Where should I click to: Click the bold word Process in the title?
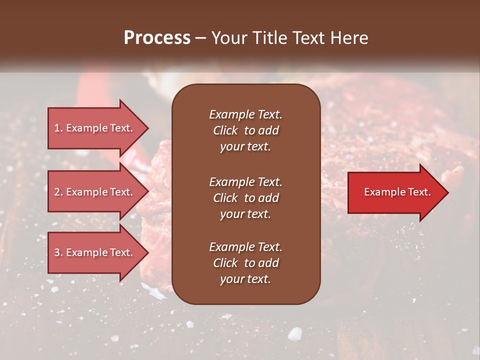pyautogui.click(x=157, y=38)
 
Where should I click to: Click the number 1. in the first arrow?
pyautogui.click(x=58, y=128)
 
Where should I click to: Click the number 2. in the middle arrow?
pyautogui.click(x=58, y=192)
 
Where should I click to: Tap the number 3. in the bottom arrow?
pyautogui.click(x=58, y=252)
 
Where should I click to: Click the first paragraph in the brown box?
pyautogui.click(x=245, y=130)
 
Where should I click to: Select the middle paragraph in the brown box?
pyautogui.click(x=245, y=197)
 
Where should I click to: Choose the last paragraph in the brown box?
pyautogui.click(x=245, y=263)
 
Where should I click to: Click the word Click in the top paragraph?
pyautogui.click(x=225, y=130)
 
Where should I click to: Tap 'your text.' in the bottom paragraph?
pyautogui.click(x=245, y=279)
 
